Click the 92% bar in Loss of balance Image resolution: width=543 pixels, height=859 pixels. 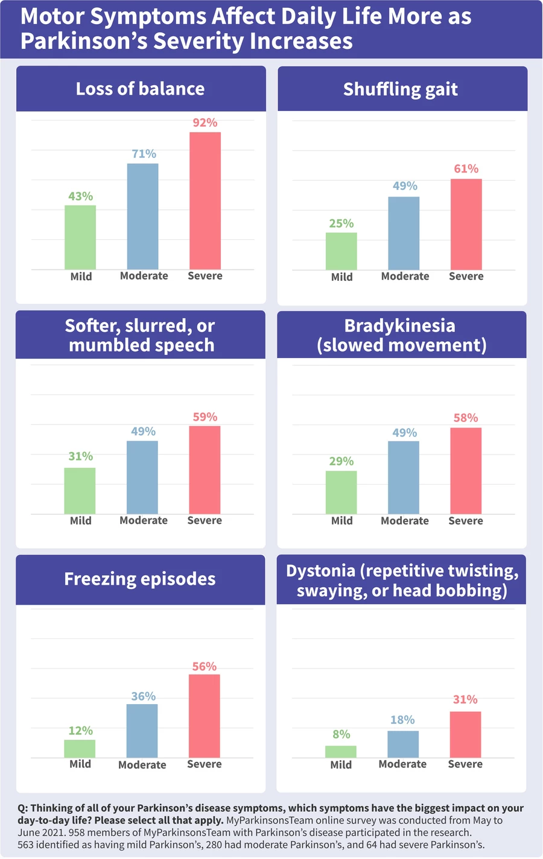205,201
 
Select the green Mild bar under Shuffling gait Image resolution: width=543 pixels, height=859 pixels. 341,251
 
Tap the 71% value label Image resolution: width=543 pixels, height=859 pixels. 144,154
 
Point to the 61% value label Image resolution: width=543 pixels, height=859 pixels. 466,169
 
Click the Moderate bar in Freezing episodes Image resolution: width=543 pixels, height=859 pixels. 142,731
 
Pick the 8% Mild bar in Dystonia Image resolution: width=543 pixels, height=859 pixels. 341,752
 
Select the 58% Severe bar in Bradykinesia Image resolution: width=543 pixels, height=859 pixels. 466,471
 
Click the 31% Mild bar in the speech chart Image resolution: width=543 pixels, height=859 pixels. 80,491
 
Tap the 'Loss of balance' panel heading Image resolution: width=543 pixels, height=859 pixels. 140,89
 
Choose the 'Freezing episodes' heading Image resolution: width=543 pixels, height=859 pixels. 140,579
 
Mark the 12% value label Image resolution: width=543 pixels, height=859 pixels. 80,731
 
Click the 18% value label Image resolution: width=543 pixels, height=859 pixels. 402,720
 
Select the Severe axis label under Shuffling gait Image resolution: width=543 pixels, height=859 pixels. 466,276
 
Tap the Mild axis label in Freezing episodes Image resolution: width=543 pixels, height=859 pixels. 80,764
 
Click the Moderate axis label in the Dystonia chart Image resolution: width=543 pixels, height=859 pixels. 402,764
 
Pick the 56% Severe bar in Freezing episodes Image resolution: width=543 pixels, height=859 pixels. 205,716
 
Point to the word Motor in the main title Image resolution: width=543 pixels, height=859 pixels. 52,17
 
